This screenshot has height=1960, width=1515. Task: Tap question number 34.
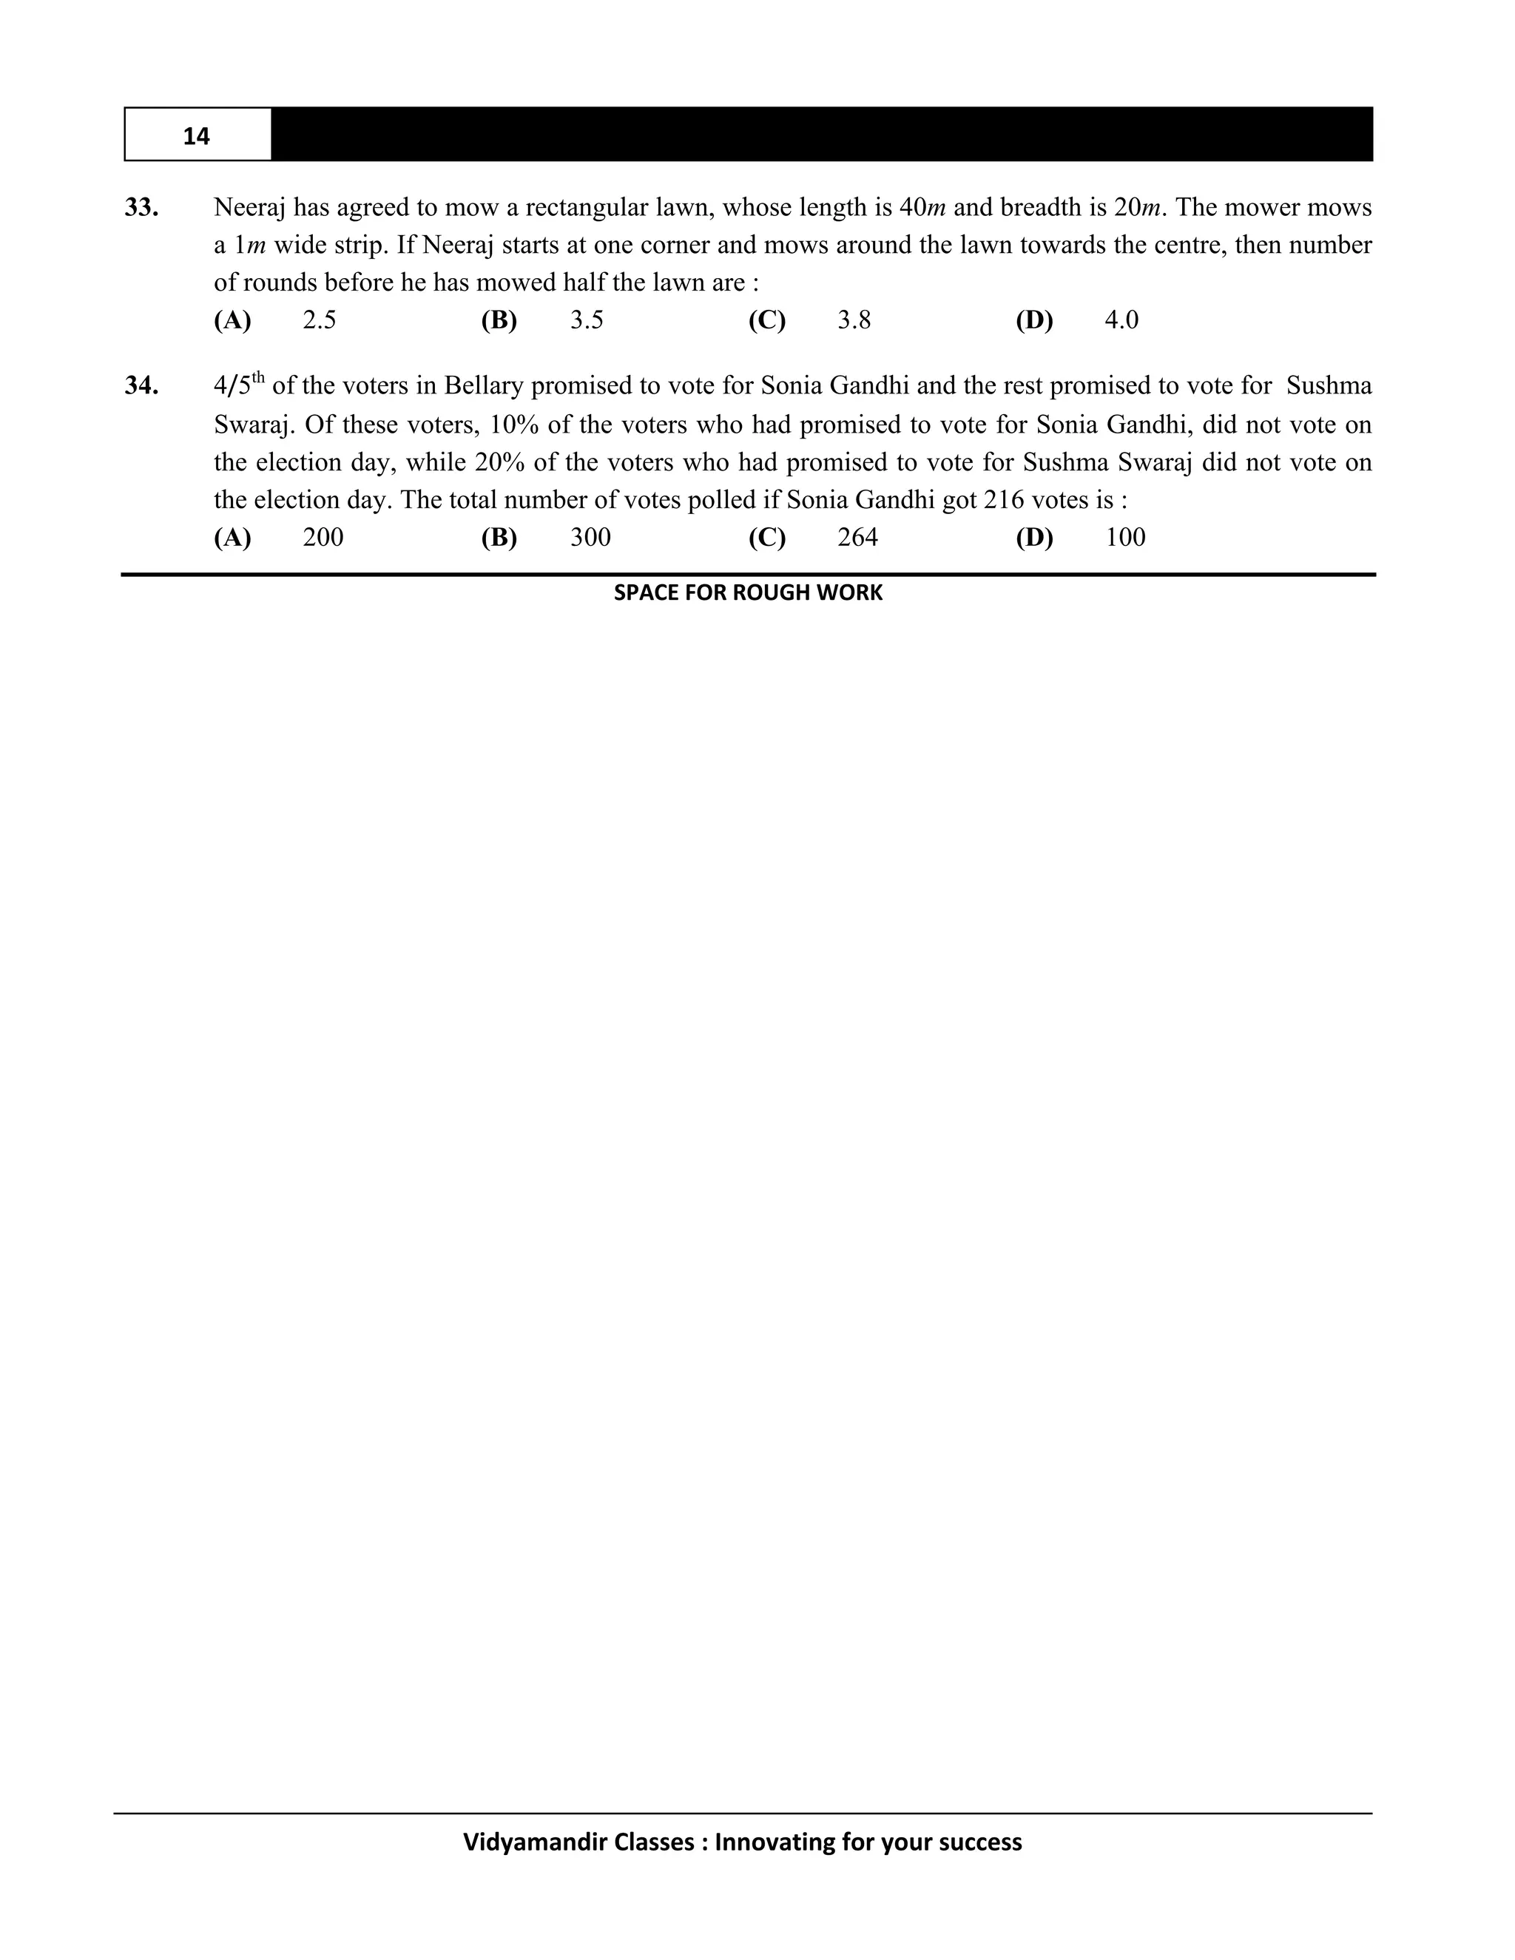(x=142, y=386)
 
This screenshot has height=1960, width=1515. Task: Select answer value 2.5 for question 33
(x=319, y=320)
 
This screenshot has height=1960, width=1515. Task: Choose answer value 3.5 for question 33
(x=586, y=320)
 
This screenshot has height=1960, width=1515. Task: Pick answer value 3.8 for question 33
(x=854, y=320)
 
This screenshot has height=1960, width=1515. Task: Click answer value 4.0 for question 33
(x=1121, y=320)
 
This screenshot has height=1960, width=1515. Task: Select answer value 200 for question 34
(x=323, y=538)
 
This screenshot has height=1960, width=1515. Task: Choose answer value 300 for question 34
(x=590, y=538)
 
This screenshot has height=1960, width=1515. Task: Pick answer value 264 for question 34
(x=857, y=538)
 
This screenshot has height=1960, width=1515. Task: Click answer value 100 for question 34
(x=1124, y=538)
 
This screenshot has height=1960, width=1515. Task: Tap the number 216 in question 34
(x=1002, y=500)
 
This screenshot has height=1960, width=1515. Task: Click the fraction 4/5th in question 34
(x=238, y=385)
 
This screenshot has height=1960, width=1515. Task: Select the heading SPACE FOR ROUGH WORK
(x=748, y=593)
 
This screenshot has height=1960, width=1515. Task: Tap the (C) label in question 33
(x=766, y=320)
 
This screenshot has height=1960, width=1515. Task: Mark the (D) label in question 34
(x=1034, y=538)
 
